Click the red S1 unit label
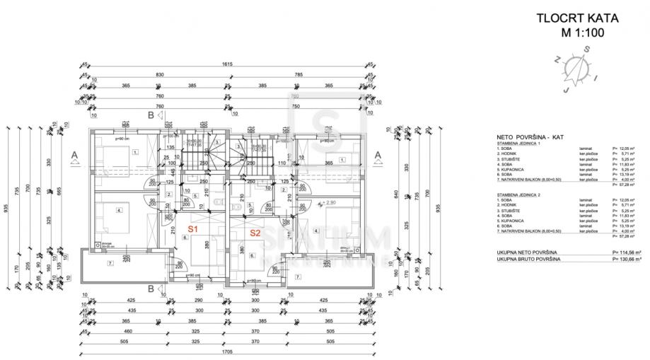[x=193, y=230]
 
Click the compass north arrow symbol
[x=581, y=68]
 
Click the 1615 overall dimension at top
[x=227, y=64]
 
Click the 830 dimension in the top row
[x=160, y=75]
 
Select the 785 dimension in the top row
[x=298, y=75]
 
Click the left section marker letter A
[x=75, y=153]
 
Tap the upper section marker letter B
[x=151, y=115]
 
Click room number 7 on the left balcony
[x=110, y=263]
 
